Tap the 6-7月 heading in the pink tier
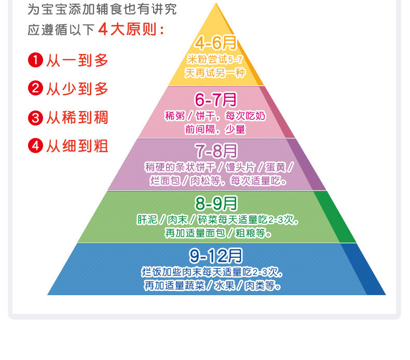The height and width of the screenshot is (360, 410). point(215,99)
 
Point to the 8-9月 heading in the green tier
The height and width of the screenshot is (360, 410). point(216,203)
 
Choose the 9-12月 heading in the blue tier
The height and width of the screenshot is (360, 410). point(216,255)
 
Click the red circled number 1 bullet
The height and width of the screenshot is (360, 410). point(35,60)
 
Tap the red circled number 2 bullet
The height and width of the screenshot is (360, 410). point(35,89)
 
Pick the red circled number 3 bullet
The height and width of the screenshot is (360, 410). point(35,117)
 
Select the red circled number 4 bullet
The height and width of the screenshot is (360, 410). point(35,146)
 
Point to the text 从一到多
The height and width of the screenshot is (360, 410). point(77,60)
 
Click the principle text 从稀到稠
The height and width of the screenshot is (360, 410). point(77,117)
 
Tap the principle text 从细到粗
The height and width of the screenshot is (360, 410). point(77,146)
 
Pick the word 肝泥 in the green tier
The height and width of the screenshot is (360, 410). point(147,219)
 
